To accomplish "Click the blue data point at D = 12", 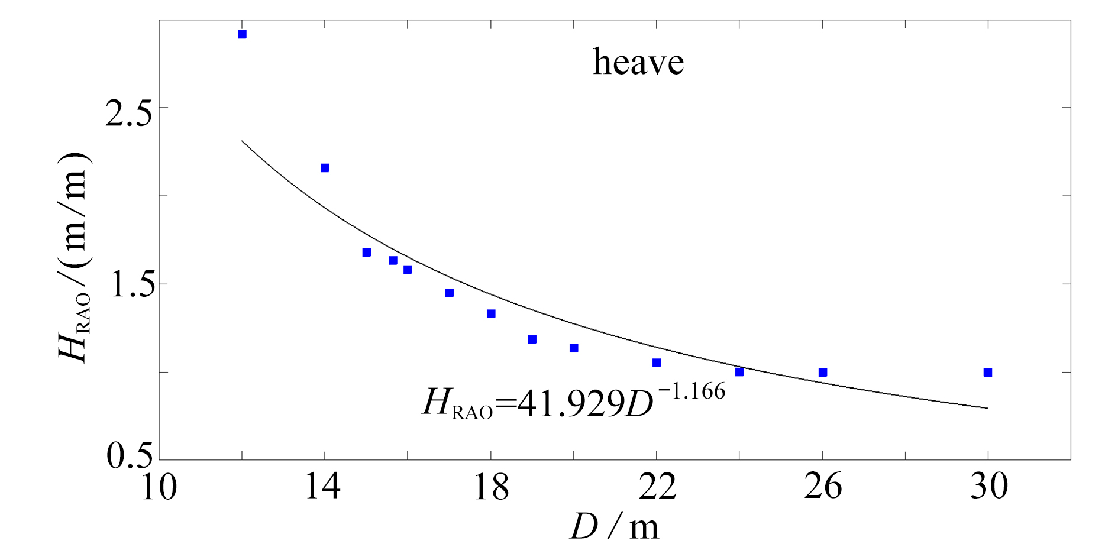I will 242,34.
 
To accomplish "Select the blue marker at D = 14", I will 325,168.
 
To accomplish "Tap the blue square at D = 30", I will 987,373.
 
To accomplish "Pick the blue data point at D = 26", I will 822,373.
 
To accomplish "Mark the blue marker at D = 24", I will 739,372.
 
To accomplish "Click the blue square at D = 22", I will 657,362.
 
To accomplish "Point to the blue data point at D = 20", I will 574,348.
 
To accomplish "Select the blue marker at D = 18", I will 491,313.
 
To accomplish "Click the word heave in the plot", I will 638,63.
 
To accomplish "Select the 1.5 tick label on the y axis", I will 129,284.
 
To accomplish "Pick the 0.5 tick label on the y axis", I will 129,457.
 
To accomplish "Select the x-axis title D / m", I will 614,527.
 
